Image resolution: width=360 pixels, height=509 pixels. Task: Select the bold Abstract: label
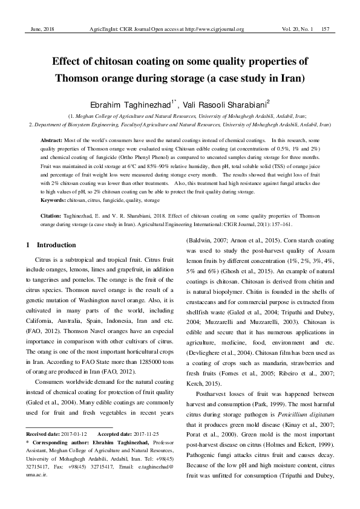(54, 140)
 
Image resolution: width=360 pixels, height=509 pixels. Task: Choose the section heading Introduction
(56, 245)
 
